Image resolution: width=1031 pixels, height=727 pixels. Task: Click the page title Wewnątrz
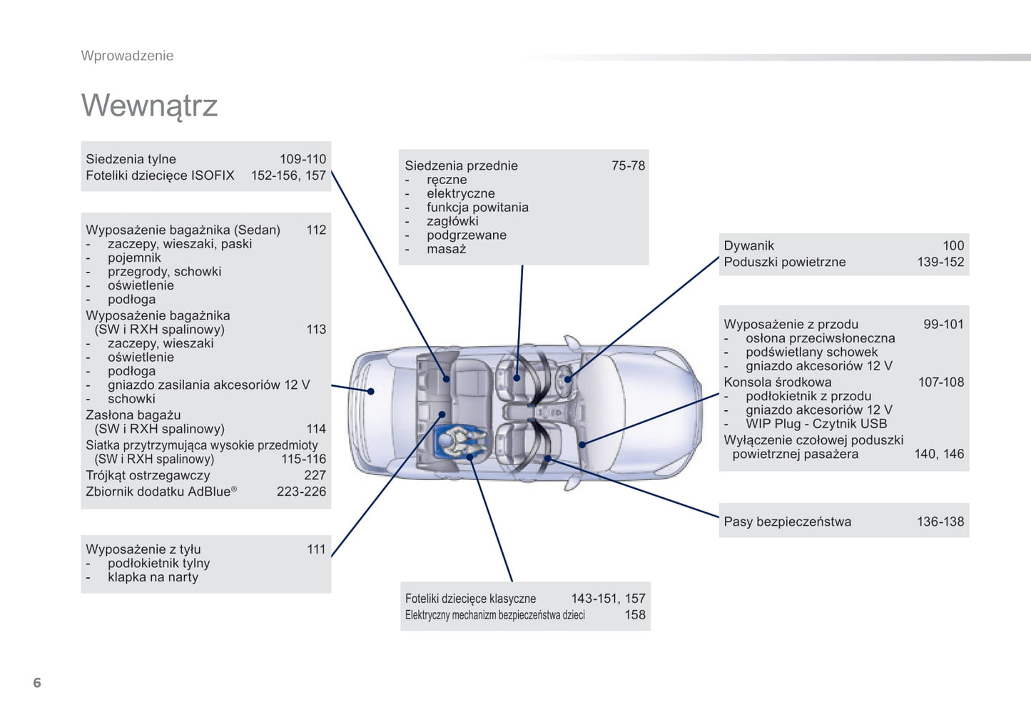[x=149, y=106]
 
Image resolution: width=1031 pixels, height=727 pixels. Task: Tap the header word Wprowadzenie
[x=127, y=56]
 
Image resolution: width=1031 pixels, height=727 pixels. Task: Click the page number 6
[x=37, y=683]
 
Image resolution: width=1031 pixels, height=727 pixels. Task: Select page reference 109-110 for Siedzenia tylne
[x=303, y=159]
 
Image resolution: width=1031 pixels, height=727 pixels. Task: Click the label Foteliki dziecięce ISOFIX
[x=160, y=176]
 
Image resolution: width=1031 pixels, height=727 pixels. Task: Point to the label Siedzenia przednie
[x=461, y=166]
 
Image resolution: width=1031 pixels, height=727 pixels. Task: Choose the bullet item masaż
[x=446, y=249]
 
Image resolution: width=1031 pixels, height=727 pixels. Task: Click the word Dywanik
[x=748, y=245]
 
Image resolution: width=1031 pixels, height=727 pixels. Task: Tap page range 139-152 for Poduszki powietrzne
[x=940, y=262]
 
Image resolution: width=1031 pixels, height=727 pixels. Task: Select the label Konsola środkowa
[x=777, y=382]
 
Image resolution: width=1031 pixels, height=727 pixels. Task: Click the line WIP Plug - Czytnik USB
[x=816, y=424]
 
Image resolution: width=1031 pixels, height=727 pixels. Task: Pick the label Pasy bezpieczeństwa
[x=787, y=522]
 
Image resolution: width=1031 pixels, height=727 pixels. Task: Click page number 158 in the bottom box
[x=634, y=615]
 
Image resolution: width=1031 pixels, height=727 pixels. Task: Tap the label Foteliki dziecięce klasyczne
[x=470, y=599]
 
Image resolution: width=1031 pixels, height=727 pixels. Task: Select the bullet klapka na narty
[x=153, y=577]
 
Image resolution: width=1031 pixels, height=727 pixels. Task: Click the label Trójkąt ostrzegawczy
[x=148, y=475]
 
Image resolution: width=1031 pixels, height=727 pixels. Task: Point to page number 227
[x=315, y=475]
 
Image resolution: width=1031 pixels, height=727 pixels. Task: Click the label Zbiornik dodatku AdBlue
[x=158, y=492]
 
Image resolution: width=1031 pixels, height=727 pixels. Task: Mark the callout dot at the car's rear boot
[x=371, y=391]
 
